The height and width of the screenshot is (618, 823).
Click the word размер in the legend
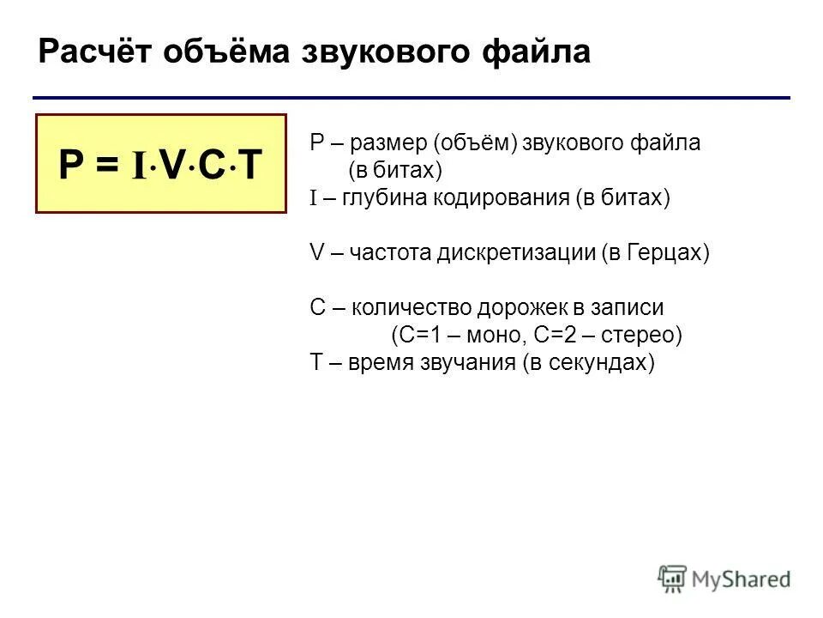(386, 142)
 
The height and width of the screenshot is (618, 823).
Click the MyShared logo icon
(672, 579)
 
